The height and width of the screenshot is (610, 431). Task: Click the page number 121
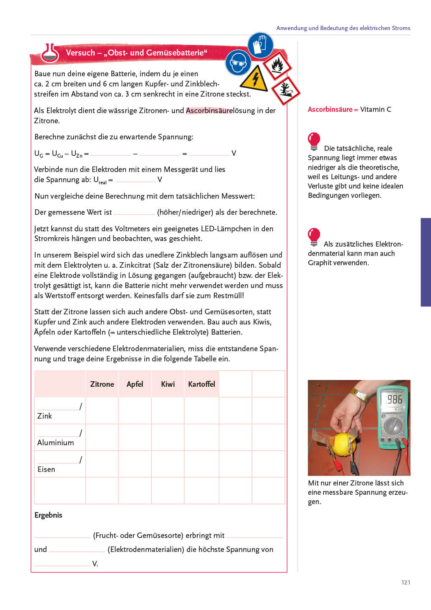pyautogui.click(x=406, y=582)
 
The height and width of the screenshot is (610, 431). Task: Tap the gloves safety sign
pyautogui.click(x=260, y=45)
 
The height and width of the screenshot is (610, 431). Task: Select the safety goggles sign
pyautogui.click(x=238, y=63)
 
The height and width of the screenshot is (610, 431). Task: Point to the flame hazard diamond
pyautogui.click(x=277, y=66)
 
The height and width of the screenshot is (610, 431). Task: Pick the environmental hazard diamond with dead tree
pyautogui.click(x=285, y=90)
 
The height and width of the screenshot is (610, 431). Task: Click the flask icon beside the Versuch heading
pyautogui.click(x=50, y=53)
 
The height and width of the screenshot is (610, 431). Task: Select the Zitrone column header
pyautogui.click(x=102, y=384)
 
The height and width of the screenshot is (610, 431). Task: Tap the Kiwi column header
pyautogui.click(x=168, y=384)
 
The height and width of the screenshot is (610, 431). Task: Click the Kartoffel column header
pyautogui.click(x=202, y=384)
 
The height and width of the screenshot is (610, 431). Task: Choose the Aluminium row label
pyautogui.click(x=55, y=443)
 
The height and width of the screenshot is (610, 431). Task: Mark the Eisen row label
pyautogui.click(x=46, y=469)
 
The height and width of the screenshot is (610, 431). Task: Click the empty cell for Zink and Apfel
pyautogui.click(x=135, y=410)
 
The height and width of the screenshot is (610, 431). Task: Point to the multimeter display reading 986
pyautogui.click(x=393, y=399)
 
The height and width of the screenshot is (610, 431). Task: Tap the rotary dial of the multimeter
pyautogui.click(x=393, y=426)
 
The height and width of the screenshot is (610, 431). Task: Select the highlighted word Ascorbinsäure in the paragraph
pyautogui.click(x=209, y=111)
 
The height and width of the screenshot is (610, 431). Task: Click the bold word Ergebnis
pyautogui.click(x=48, y=515)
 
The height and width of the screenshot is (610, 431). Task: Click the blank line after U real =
pyautogui.click(x=135, y=180)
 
